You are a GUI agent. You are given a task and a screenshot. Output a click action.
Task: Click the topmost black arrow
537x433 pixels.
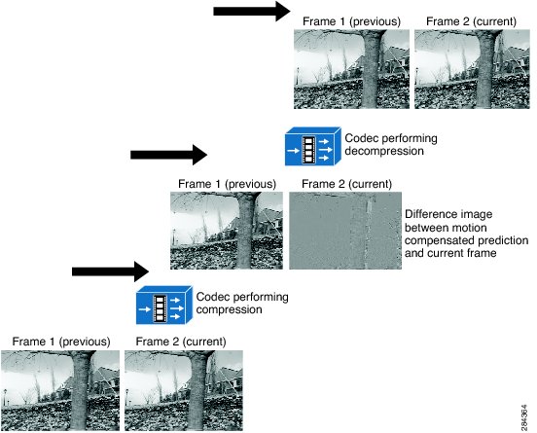252,12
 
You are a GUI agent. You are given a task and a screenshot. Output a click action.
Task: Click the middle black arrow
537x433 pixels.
168,155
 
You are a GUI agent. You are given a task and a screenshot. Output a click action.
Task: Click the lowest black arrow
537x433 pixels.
110,271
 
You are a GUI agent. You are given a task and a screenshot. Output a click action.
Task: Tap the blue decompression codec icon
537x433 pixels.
313,146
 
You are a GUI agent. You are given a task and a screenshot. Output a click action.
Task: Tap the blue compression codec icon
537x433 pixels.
164,305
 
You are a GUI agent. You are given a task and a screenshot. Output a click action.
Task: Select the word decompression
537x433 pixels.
384,151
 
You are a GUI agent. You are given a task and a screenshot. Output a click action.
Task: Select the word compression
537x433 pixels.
230,309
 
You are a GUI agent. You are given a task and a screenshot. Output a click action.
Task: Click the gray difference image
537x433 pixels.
345,231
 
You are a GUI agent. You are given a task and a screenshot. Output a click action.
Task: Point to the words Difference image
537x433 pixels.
448,214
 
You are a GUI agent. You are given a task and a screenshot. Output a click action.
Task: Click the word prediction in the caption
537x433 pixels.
503,240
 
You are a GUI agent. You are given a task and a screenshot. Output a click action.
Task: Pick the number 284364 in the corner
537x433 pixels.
524,418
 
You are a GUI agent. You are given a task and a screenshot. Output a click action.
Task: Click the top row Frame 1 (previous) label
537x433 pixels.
351,21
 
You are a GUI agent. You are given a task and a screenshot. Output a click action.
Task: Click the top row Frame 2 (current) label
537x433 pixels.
471,21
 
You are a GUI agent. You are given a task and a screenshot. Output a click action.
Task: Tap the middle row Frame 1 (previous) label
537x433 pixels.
227,184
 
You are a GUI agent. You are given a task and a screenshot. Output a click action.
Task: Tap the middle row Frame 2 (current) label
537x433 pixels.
346,184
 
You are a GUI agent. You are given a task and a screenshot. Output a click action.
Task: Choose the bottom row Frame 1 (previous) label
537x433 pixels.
61,342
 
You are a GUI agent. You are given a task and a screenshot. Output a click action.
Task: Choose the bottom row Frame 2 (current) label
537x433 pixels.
181,342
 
